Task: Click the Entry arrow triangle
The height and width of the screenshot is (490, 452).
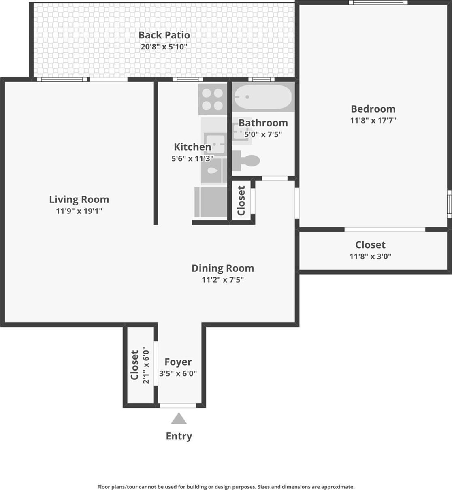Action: point(179,419)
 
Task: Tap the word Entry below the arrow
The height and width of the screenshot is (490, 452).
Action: point(179,436)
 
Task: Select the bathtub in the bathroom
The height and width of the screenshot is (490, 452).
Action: point(263,97)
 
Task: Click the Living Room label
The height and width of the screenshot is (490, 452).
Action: point(79,199)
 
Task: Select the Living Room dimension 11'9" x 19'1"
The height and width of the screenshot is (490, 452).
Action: point(79,211)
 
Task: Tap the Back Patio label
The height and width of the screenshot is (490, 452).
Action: point(164,35)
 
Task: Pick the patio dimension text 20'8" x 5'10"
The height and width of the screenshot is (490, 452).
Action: point(164,47)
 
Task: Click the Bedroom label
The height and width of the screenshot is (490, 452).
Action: point(373,109)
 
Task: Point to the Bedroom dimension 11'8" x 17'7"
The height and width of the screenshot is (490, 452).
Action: point(373,120)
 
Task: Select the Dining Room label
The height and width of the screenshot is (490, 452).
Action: point(223,268)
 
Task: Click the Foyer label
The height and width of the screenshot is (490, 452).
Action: point(178,362)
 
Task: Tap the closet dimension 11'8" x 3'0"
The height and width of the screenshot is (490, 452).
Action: point(370,256)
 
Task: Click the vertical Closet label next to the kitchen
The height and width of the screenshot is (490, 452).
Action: point(241,200)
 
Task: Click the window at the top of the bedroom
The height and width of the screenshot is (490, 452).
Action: point(378,3)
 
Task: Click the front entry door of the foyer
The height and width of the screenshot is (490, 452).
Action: point(178,405)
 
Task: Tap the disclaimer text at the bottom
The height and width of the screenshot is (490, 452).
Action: point(226,487)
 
